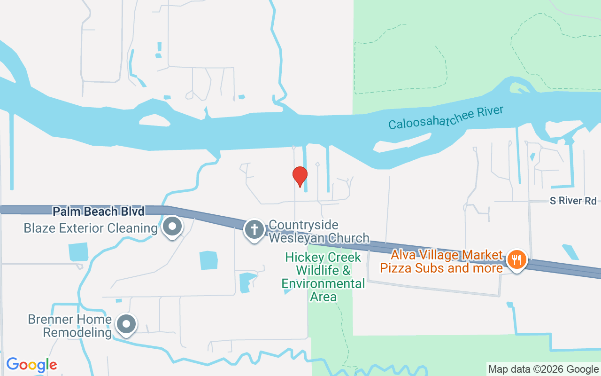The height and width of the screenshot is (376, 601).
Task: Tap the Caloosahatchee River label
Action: tap(446, 117)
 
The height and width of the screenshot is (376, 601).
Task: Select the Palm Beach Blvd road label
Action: tap(98, 211)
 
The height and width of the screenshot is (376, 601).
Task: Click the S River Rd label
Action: tap(573, 201)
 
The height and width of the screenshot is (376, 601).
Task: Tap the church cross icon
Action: tap(254, 230)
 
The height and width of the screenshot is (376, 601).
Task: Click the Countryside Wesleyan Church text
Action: tap(319, 231)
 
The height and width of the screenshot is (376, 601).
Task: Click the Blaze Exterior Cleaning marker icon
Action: tap(172, 227)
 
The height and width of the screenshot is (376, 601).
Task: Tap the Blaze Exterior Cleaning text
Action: tap(91, 228)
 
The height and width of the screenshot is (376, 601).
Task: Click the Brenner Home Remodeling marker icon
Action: tap(125, 324)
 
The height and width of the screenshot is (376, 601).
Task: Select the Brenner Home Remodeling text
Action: tap(70, 326)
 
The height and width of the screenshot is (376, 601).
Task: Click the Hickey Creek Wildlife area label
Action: tap(324, 277)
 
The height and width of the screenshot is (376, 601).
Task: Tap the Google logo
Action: tap(31, 365)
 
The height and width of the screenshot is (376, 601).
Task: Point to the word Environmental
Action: tap(323, 284)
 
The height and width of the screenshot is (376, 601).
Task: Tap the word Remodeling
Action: tap(77, 332)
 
